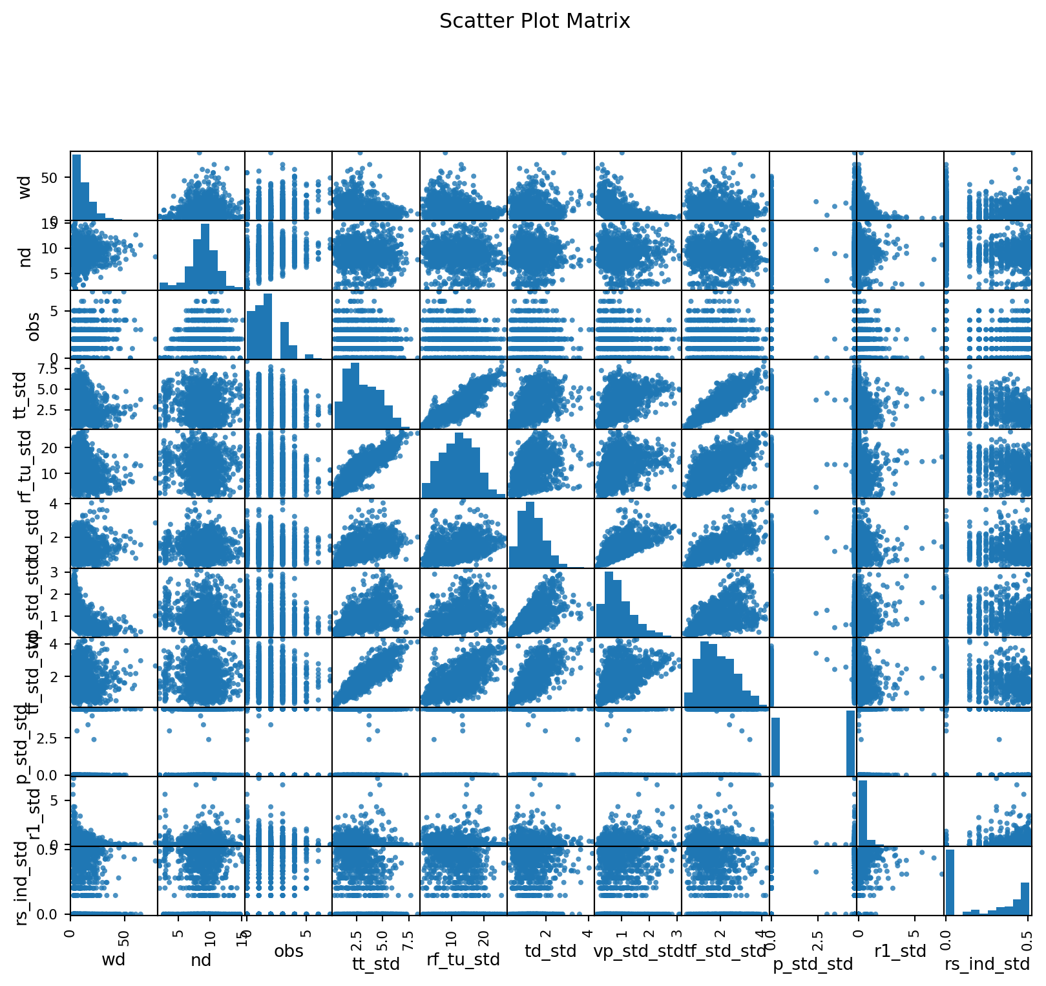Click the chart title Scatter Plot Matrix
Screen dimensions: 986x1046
click(534, 21)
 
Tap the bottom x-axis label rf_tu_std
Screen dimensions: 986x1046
click(463, 959)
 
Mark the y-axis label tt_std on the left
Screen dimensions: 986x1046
click(21, 394)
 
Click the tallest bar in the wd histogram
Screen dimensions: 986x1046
click(76, 188)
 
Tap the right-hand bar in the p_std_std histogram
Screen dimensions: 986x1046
click(850, 743)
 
